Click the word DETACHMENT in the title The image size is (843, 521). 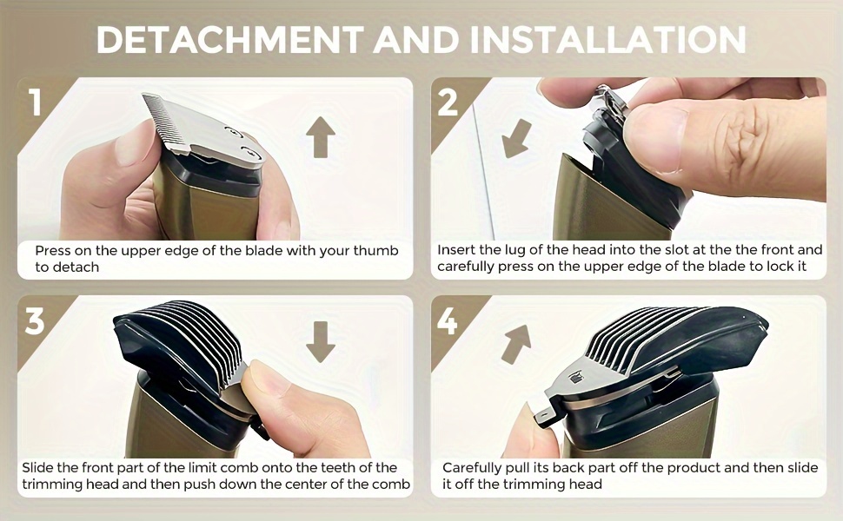229,39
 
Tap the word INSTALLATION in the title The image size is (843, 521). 608,39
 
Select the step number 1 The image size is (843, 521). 36,102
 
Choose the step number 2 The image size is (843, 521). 448,102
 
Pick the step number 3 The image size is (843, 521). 35,321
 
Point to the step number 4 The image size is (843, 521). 448,321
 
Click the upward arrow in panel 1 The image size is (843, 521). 321,137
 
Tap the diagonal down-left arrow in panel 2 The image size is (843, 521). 516,139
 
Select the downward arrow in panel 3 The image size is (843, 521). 321,341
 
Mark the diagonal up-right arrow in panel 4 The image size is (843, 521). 516,344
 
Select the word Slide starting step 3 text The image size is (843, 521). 37,468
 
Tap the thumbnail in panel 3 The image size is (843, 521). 266,379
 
